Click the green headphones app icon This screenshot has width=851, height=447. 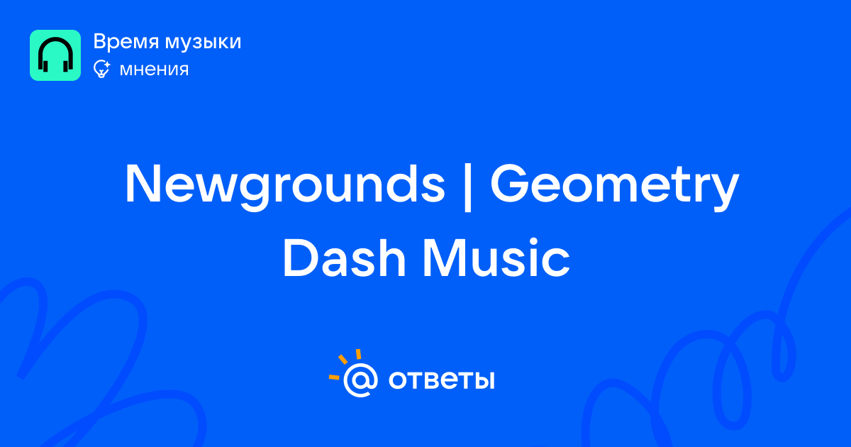pyautogui.click(x=55, y=55)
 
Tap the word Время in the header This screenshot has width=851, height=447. pyautogui.click(x=126, y=41)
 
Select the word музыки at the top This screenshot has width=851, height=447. pyautogui.click(x=204, y=42)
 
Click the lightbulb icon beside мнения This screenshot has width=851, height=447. pyautogui.click(x=101, y=70)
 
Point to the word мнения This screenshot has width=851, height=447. pyautogui.click(x=155, y=70)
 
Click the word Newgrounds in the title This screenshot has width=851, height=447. pyautogui.click(x=285, y=185)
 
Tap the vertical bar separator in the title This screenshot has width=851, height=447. pyautogui.click(x=468, y=186)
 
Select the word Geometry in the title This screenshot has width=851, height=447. pyautogui.click(x=615, y=185)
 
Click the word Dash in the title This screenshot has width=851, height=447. pyautogui.click(x=345, y=258)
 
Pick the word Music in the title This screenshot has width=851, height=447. pyautogui.click(x=496, y=258)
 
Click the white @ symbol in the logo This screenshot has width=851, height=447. pyautogui.click(x=360, y=380)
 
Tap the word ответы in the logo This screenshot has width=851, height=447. pyautogui.click(x=441, y=380)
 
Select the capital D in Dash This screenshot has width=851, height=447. pyautogui.click(x=301, y=258)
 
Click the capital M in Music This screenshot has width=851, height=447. pyautogui.click(x=445, y=258)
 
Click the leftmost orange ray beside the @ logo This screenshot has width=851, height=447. pyautogui.click(x=334, y=377)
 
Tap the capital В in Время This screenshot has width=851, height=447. pyautogui.click(x=100, y=41)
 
